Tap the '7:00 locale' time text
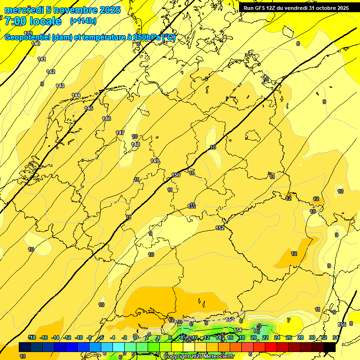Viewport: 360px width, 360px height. pyautogui.click(x=33, y=21)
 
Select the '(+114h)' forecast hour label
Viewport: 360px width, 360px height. pyautogui.click(x=83, y=21)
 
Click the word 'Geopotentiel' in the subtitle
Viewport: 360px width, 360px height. pyautogui.click(x=26, y=37)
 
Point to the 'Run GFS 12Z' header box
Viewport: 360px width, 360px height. pyautogui.click(x=296, y=8)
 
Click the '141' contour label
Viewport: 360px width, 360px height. pyautogui.click(x=42, y=59)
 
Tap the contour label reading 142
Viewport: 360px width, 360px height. pyautogui.click(x=51, y=72)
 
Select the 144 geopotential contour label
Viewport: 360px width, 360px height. pyautogui.click(x=76, y=96)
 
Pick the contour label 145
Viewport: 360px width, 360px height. pyautogui.click(x=89, y=108)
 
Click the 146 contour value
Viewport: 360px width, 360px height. pyautogui.click(x=106, y=119)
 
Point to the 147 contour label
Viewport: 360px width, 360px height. pyautogui.click(x=120, y=133)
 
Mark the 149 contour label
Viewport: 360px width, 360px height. pyautogui.click(x=155, y=161)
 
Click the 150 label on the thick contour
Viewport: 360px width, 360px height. pyautogui.click(x=176, y=175)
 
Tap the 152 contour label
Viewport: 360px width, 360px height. pyautogui.click(x=220, y=228)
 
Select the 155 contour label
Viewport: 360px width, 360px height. pyautogui.click(x=342, y=324)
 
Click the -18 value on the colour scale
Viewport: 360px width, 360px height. pyautogui.click(x=32, y=337)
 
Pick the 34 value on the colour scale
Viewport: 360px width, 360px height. pyautogui.click(x=336, y=337)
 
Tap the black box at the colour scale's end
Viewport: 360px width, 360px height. pyautogui.click(x=330, y=347)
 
